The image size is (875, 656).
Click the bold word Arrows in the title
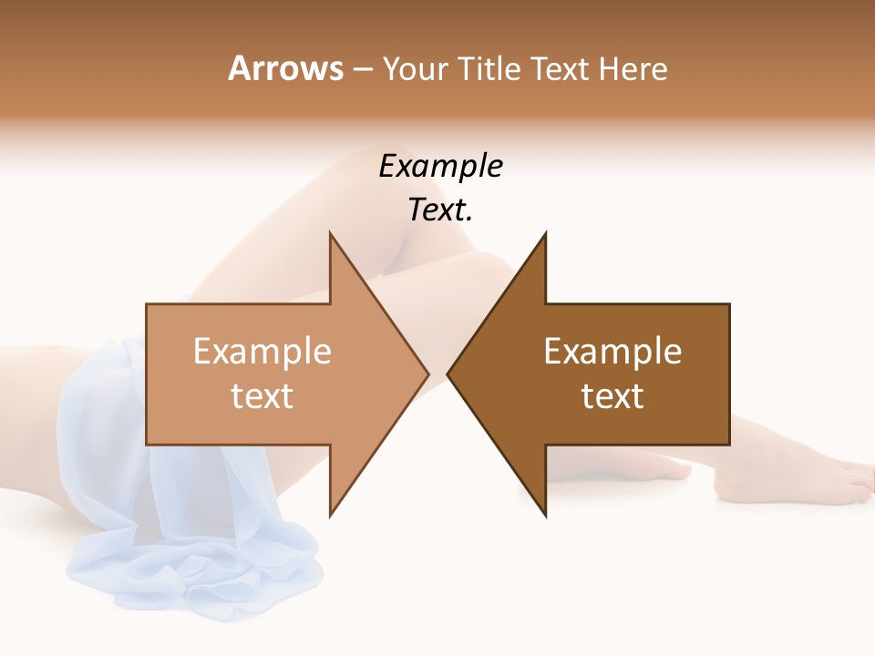pos(285,68)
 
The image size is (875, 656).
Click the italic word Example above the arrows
pos(441,166)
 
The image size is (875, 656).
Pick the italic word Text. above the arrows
pos(441,210)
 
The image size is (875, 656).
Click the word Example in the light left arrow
pos(262,352)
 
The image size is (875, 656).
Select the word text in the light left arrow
pos(262,396)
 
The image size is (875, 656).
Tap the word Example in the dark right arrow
pos(612,352)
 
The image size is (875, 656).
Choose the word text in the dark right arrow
pos(612,396)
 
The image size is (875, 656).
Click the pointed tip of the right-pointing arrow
pos(427,374)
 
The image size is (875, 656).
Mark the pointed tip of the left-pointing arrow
pos(448,374)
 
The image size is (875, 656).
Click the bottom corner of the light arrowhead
pos(331,515)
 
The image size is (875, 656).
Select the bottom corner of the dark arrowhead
pos(544,515)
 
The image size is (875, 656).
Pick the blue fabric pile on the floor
pos(201,565)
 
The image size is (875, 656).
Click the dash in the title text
pos(362,70)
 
